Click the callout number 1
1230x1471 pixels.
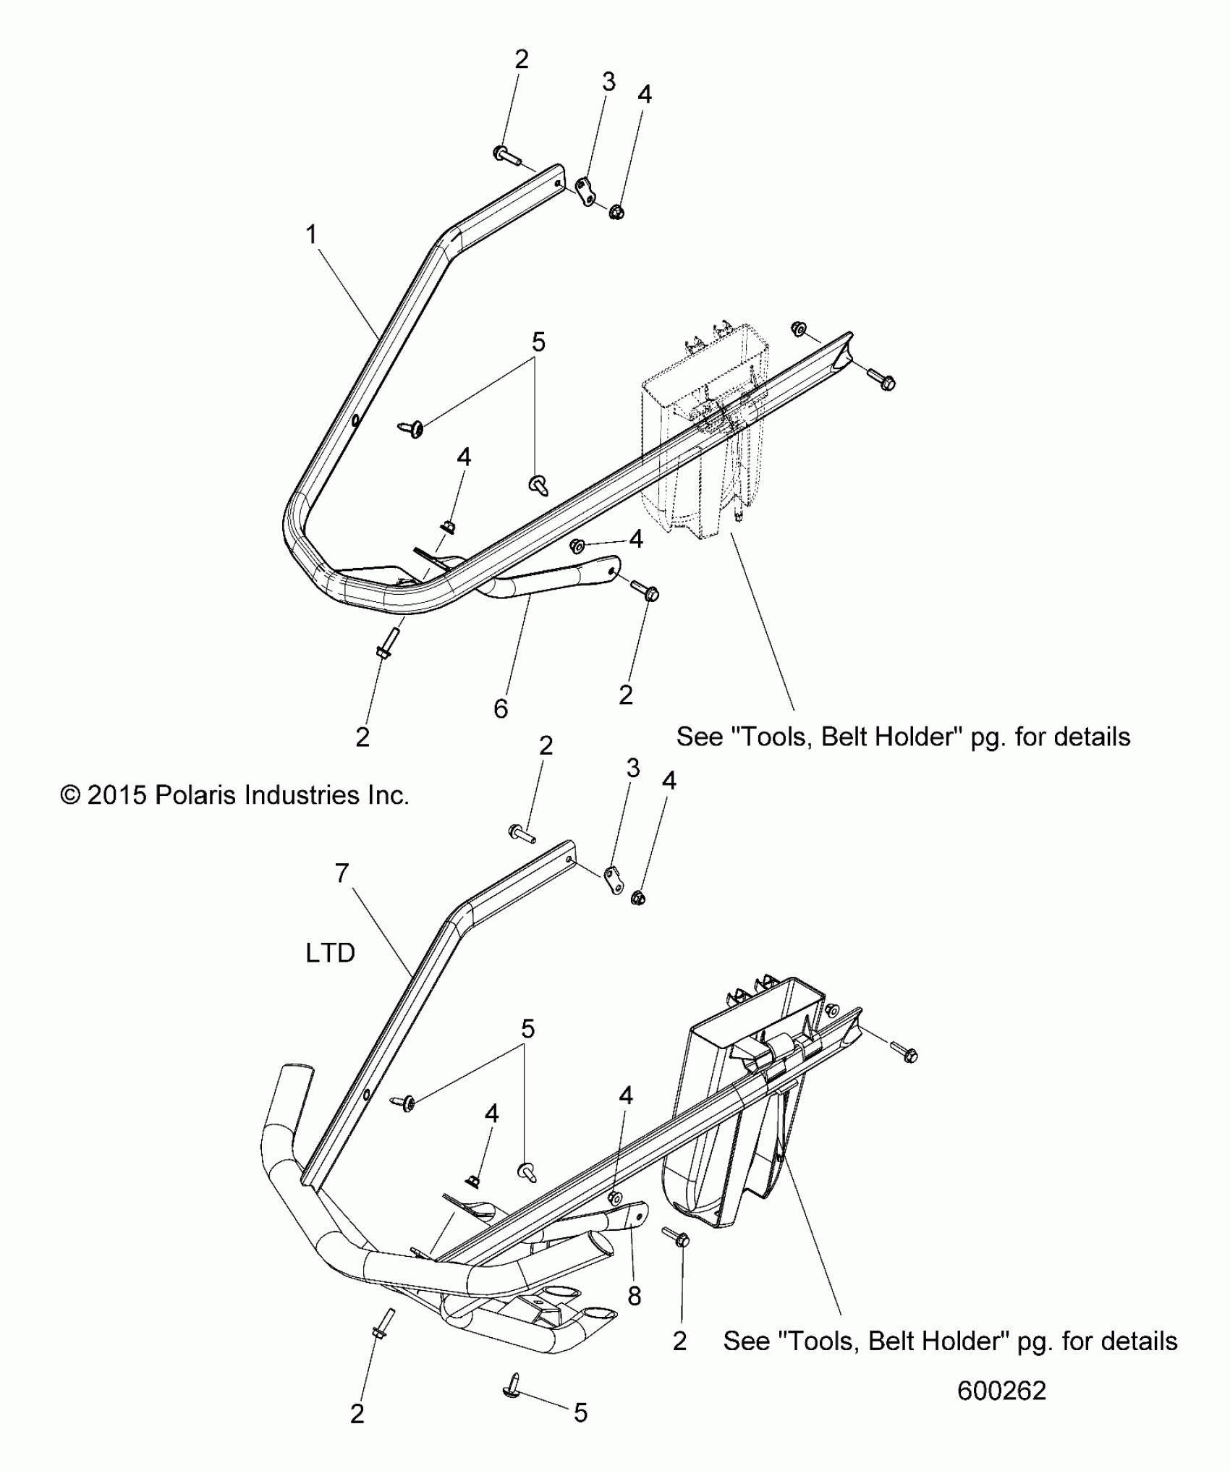coord(311,235)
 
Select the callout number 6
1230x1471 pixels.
coord(501,708)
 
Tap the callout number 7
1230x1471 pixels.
coord(342,873)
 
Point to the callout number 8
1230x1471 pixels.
coord(634,1296)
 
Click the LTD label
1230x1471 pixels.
coord(330,953)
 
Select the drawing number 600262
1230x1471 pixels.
coord(1001,1391)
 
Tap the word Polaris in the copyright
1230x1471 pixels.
coord(196,795)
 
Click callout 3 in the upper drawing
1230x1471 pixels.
coord(608,82)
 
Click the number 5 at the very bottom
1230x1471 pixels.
coord(580,1413)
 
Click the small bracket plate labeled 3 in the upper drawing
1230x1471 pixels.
coord(588,190)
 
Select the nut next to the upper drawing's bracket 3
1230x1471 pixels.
coord(616,212)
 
